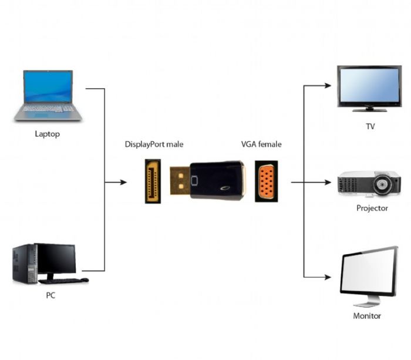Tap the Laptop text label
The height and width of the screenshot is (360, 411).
(47, 134)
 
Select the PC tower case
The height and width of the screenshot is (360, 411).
(24, 264)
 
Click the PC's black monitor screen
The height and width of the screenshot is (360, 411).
(56, 258)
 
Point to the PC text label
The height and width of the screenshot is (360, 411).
(51, 295)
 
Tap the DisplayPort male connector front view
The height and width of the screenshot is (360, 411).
(153, 181)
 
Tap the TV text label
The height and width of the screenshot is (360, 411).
(369, 126)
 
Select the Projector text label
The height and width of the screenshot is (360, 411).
(372, 208)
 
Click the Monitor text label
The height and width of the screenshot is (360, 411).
(367, 315)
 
